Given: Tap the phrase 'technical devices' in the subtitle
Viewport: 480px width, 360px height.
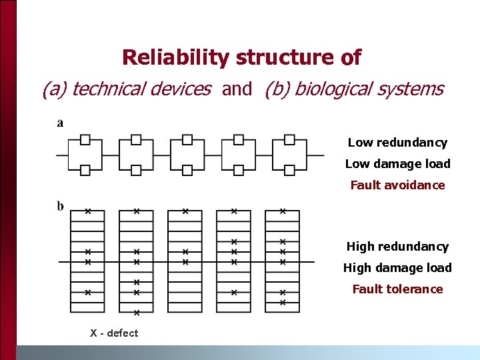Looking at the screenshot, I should click(x=141, y=89).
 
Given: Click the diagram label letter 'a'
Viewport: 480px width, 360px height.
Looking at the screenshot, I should click(x=61, y=123).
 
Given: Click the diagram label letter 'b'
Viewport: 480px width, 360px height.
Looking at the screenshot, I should click(x=61, y=206).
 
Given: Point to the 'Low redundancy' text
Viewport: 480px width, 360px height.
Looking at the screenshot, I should click(x=397, y=143).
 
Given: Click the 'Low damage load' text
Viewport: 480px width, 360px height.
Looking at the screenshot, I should click(x=397, y=164).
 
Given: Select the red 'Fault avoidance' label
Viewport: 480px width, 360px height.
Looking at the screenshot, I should click(x=397, y=185).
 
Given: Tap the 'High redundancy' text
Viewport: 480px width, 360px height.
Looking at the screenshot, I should click(x=397, y=247).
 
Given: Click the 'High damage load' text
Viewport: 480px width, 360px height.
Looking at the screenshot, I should click(x=397, y=268).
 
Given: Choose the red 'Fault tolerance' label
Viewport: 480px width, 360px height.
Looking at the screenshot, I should click(x=397, y=289).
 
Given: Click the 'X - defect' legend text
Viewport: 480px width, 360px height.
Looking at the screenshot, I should click(x=114, y=333).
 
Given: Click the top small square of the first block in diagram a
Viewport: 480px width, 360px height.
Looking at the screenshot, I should click(x=85, y=139).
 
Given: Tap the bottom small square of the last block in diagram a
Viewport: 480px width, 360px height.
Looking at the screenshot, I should click(x=290, y=170).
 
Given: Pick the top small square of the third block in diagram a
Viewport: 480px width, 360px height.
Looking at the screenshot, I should click(x=187, y=139).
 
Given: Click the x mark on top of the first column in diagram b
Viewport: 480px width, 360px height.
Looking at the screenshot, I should click(x=88, y=211).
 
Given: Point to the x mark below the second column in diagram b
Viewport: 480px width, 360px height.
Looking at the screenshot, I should click(x=136, y=313).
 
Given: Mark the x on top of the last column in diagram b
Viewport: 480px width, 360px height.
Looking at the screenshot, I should click(x=282, y=211).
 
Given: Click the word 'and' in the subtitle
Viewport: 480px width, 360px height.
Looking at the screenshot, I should click(x=237, y=89).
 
